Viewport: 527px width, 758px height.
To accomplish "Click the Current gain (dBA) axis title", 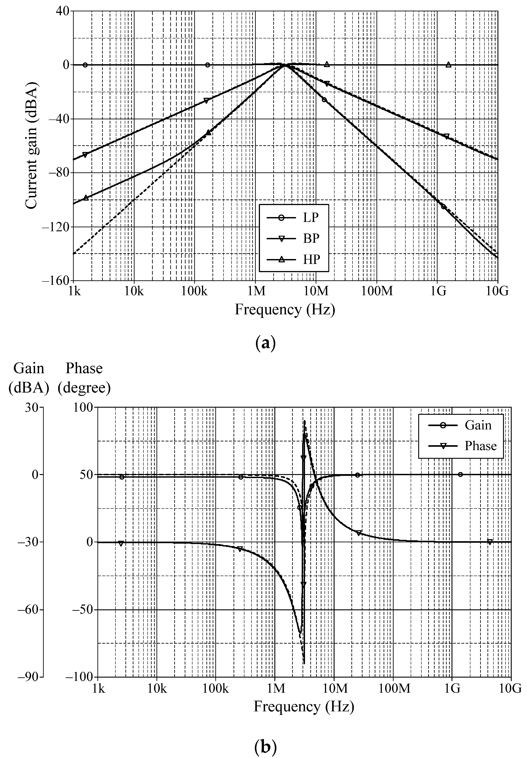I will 32,146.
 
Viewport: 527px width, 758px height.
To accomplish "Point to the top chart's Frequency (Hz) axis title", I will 285,310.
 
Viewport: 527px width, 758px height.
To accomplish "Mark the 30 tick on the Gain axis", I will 32,407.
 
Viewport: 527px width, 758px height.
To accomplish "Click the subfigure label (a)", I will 265,343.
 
